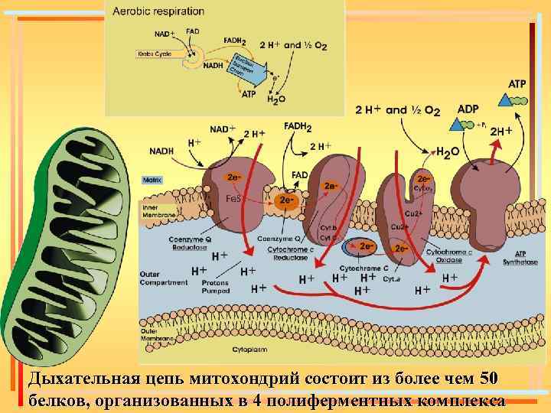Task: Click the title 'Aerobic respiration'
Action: [158, 11]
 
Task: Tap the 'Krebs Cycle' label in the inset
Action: [154, 54]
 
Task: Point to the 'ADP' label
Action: [468, 109]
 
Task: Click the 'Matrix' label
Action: [153, 180]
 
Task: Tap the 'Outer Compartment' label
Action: [163, 278]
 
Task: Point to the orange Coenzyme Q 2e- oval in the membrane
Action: [286, 200]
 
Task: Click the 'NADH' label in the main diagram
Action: [161, 151]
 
